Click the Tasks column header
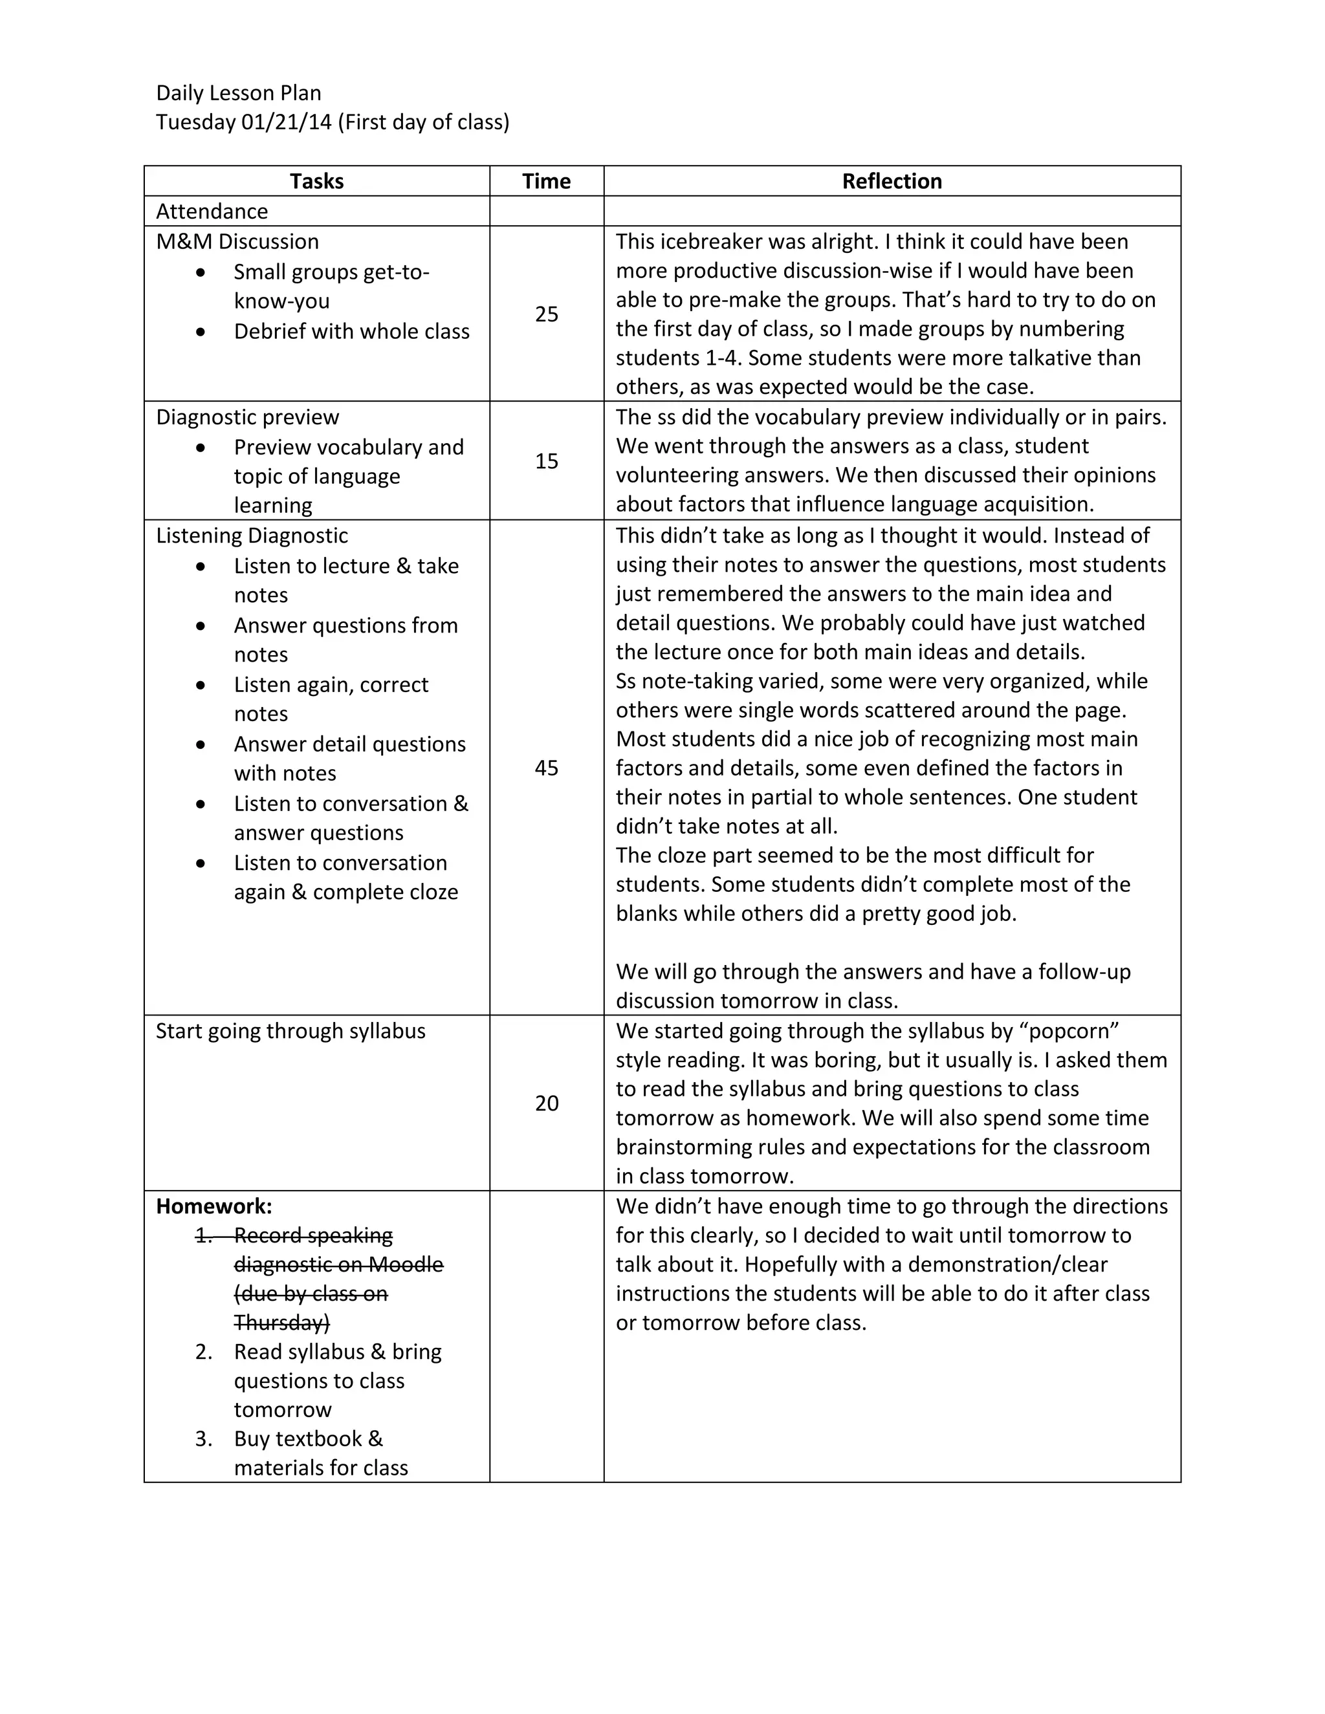tap(316, 181)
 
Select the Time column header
tap(546, 181)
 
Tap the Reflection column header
tap(892, 181)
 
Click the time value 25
tap(546, 314)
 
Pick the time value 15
tap(546, 461)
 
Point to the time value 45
tap(546, 768)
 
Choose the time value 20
tap(546, 1103)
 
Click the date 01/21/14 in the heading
tap(287, 122)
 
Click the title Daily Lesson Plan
tap(239, 93)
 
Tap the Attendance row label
tap(212, 211)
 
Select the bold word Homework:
tap(214, 1206)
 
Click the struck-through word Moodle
tap(406, 1264)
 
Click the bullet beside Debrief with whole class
tap(201, 332)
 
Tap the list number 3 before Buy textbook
tap(203, 1438)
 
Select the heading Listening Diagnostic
tap(252, 536)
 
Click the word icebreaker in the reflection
tap(710, 242)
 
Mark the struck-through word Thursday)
tap(282, 1323)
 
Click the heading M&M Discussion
tap(237, 242)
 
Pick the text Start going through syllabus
tap(290, 1031)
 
